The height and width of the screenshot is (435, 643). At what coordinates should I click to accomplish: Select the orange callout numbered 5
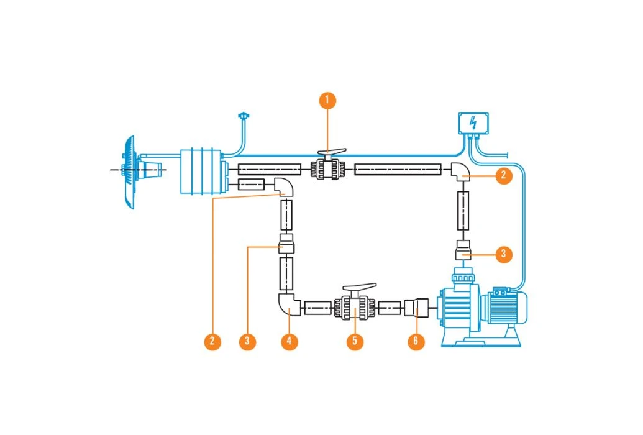click(355, 342)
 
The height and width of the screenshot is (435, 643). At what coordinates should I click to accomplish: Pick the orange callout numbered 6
click(416, 342)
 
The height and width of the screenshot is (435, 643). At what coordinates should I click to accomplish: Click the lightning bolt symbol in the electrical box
click(473, 122)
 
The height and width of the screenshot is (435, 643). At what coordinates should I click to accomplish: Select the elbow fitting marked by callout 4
click(288, 304)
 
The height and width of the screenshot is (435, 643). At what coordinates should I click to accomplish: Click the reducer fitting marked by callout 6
click(416, 307)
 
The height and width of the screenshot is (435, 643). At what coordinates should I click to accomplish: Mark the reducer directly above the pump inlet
click(464, 250)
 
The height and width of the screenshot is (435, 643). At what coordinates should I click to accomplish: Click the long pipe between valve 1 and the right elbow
click(398, 169)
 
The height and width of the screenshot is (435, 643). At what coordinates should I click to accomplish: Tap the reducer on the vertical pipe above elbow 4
click(286, 245)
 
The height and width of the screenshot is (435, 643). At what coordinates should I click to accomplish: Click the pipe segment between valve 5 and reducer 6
click(389, 307)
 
